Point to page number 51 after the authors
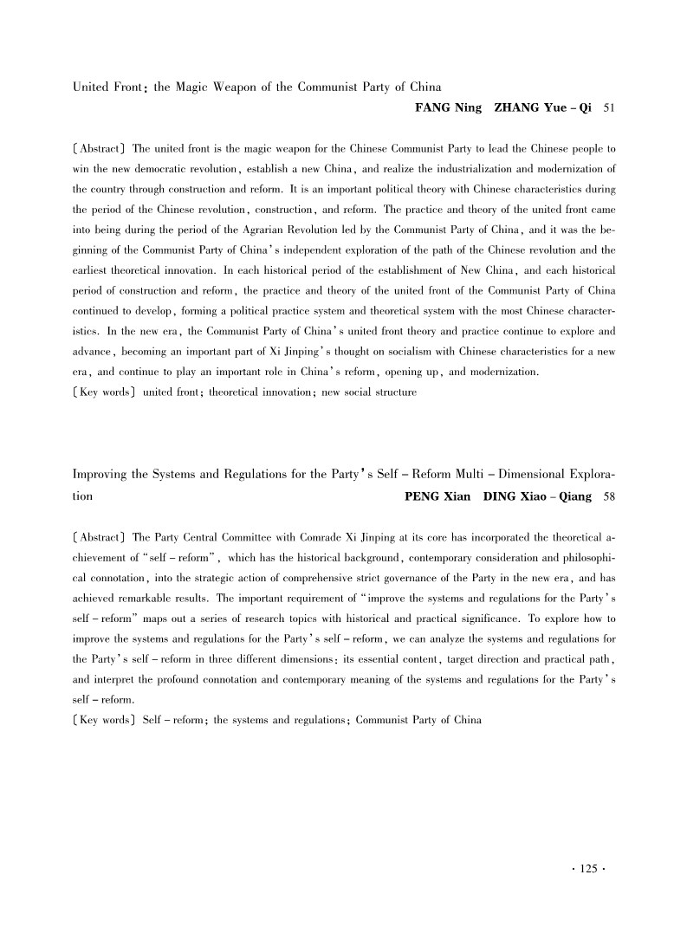(609, 108)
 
